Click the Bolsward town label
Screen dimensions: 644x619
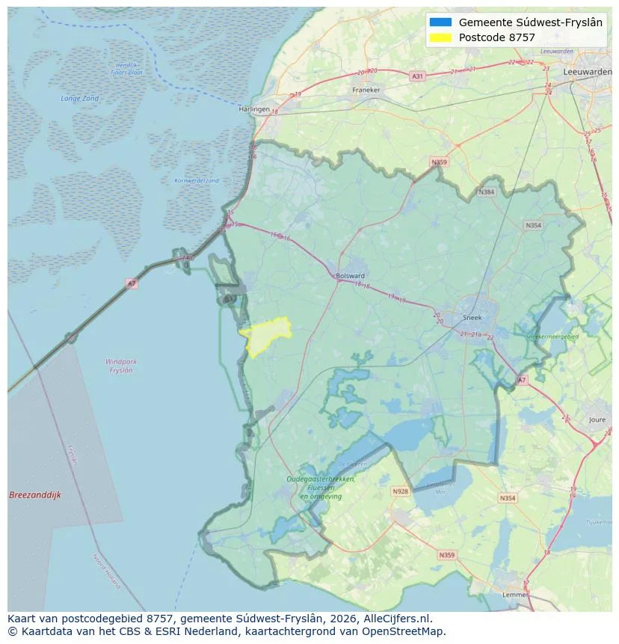(351, 275)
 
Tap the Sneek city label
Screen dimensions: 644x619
(472, 317)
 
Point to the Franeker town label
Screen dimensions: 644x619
(366, 90)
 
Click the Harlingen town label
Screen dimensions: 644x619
(253, 108)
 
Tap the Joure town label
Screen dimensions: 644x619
(597, 420)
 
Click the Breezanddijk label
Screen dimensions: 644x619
(35, 495)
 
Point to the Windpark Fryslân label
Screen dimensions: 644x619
(120, 366)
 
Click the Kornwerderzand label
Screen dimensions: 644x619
(196, 180)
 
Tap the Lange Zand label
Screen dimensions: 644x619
(80, 99)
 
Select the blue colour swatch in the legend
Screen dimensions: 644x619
(440, 22)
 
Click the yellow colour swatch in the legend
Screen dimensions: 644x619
(440, 37)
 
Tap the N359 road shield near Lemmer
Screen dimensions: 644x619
(446, 555)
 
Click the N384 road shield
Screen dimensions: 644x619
(487, 192)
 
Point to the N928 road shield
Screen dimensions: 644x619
(401, 491)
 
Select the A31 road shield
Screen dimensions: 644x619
(417, 76)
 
